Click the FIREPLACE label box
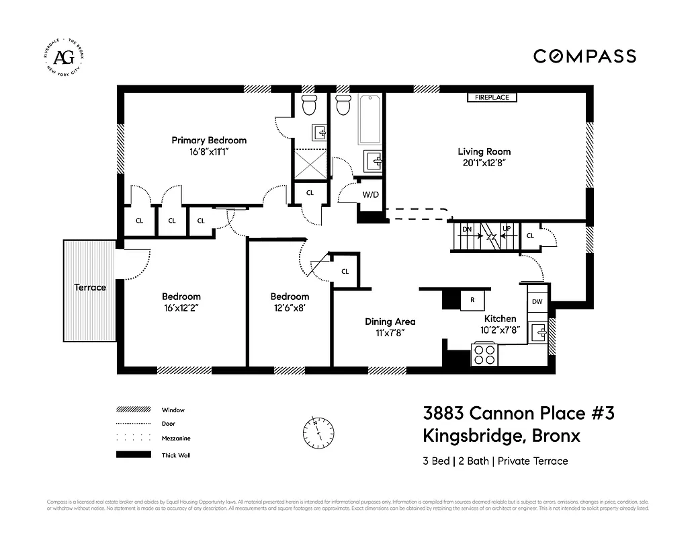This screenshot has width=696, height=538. click(492, 98)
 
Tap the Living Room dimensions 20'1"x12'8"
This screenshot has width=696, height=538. click(484, 163)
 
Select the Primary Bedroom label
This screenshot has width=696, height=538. click(209, 140)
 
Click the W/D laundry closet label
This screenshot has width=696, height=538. click(370, 195)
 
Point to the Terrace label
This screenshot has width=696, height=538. click(90, 287)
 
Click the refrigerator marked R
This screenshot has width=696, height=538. click(472, 300)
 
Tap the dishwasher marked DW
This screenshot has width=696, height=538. click(537, 302)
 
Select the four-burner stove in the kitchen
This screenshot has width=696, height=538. click(485, 354)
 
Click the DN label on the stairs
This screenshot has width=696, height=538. click(467, 229)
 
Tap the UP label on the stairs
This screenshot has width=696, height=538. click(507, 229)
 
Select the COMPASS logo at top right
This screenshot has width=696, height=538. click(584, 56)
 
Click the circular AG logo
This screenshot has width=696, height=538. click(64, 56)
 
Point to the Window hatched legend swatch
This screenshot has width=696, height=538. click(133, 410)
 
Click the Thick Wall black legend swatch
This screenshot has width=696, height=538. click(133, 455)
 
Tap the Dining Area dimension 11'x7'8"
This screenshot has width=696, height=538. click(385, 332)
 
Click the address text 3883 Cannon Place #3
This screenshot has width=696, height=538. click(518, 412)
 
